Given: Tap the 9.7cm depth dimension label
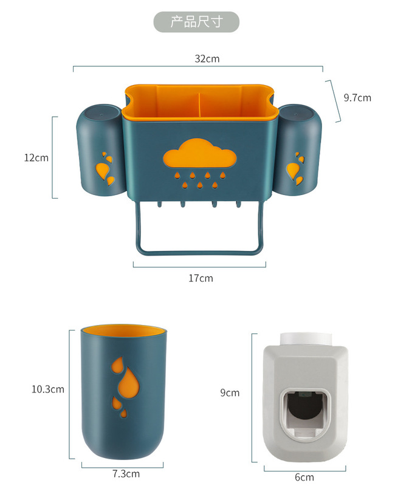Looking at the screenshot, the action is (x=357, y=97).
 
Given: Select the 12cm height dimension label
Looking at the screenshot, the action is (x=36, y=158).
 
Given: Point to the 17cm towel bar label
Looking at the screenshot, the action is (x=201, y=278).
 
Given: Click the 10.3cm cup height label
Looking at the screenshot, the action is (x=48, y=389).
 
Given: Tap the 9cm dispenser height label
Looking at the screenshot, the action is (x=230, y=392).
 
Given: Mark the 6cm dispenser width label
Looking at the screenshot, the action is (x=304, y=477).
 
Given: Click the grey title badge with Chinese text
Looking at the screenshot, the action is (x=196, y=22).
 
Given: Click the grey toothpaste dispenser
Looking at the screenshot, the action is (x=301, y=401).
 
